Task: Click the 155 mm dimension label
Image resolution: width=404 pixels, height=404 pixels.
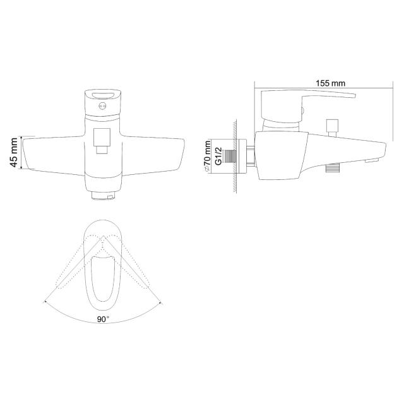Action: tap(330, 83)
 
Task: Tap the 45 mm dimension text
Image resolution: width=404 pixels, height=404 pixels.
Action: tap(14, 152)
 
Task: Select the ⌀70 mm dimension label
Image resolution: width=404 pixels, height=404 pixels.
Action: tap(207, 157)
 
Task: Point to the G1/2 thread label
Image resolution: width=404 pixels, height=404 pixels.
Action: tap(218, 156)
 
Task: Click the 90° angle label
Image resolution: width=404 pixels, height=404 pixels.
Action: tap(103, 319)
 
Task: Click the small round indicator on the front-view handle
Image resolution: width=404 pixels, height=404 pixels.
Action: tap(102, 105)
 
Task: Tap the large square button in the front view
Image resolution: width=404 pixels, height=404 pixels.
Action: tap(102, 137)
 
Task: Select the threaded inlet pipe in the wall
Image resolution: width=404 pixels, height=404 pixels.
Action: tap(230, 157)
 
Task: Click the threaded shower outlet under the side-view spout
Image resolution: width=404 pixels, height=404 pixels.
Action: tap(332, 169)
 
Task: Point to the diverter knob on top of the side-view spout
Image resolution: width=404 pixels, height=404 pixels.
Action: tap(332, 128)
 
